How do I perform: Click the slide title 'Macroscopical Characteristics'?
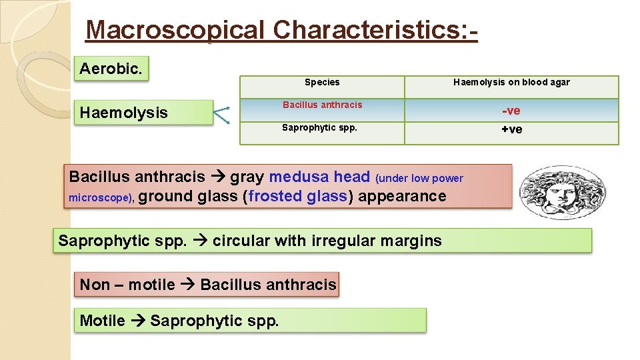(281, 30)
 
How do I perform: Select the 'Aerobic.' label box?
(111, 69)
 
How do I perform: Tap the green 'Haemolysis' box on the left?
(124, 113)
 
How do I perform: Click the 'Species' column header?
(322, 83)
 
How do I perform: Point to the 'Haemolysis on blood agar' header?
(511, 83)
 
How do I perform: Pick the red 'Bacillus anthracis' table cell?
(322, 105)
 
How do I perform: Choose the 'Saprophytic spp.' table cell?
(319, 127)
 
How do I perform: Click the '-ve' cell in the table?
(511, 111)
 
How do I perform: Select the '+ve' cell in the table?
(511, 129)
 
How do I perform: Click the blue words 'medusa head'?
(319, 177)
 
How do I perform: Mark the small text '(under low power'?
(419, 178)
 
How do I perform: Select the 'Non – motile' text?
(127, 285)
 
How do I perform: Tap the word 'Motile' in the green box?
(102, 321)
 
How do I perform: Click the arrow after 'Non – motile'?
(187, 285)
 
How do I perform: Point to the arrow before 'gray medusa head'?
(217, 177)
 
